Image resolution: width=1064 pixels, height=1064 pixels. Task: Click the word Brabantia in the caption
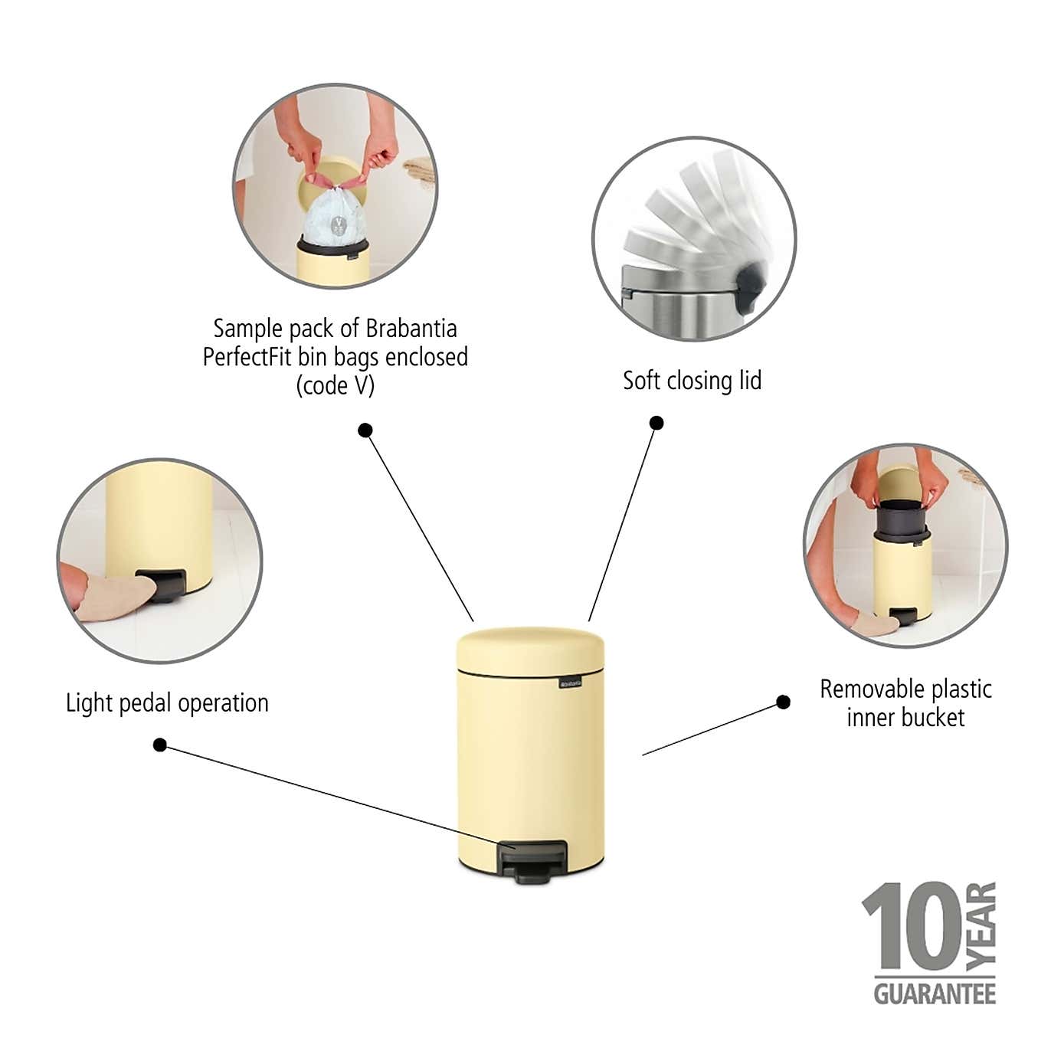tap(411, 329)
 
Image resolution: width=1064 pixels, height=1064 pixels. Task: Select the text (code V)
tap(336, 385)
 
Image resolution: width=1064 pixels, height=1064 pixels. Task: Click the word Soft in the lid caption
tap(642, 381)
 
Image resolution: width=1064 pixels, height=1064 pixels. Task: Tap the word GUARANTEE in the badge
tap(935, 994)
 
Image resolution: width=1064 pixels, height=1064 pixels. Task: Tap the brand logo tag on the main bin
tap(571, 683)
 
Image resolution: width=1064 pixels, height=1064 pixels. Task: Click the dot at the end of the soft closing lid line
tap(656, 423)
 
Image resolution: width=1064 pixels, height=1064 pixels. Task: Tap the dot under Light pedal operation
tap(160, 745)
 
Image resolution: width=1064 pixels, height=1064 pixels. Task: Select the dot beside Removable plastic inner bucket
tap(783, 702)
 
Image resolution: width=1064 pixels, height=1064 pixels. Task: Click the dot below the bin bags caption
tap(365, 431)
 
